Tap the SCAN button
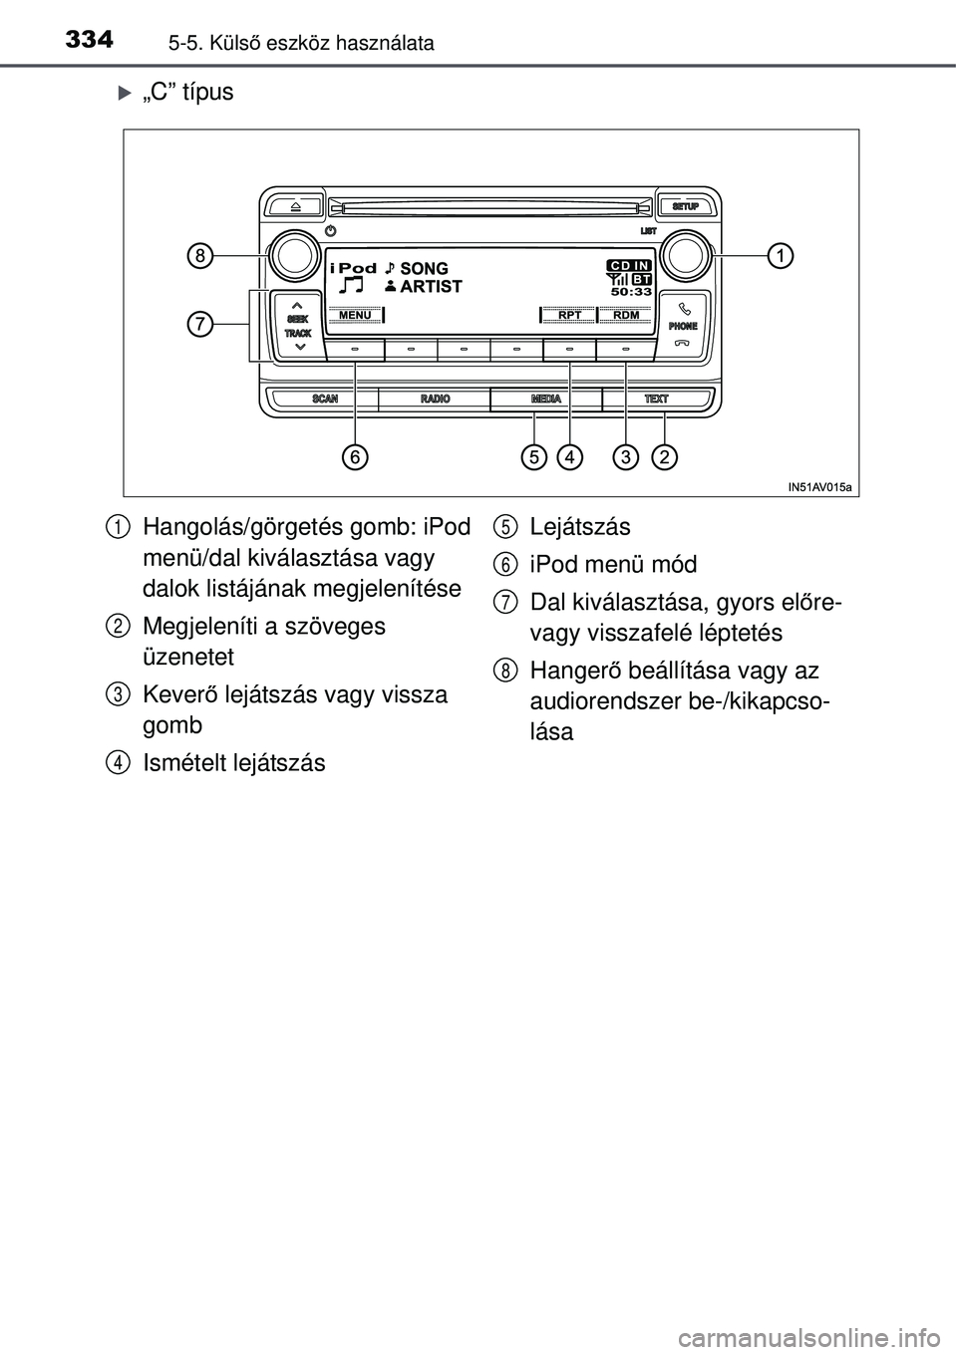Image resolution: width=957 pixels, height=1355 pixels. click(x=325, y=399)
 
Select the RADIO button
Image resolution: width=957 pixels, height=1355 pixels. click(x=435, y=399)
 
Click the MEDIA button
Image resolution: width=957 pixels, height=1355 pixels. click(x=546, y=399)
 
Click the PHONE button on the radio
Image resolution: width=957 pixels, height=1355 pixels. click(x=684, y=326)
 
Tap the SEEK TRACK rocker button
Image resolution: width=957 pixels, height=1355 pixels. click(x=298, y=326)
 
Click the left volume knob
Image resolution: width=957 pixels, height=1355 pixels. click(x=295, y=255)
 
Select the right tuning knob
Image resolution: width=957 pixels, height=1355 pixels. click(x=686, y=255)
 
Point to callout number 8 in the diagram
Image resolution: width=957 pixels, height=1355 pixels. click(x=199, y=255)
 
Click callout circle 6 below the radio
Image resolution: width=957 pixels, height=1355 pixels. click(x=355, y=456)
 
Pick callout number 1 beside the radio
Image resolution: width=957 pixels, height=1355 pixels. click(x=781, y=255)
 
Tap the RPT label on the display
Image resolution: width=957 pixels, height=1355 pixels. click(x=569, y=315)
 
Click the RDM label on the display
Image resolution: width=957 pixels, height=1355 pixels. click(x=626, y=315)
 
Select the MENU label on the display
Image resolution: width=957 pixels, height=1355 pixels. click(x=355, y=315)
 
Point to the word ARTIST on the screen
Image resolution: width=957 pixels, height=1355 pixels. click(x=431, y=286)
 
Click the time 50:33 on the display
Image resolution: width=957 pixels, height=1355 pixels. click(x=631, y=292)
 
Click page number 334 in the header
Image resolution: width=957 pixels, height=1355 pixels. click(x=89, y=40)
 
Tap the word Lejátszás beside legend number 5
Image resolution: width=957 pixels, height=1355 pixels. click(x=580, y=526)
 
